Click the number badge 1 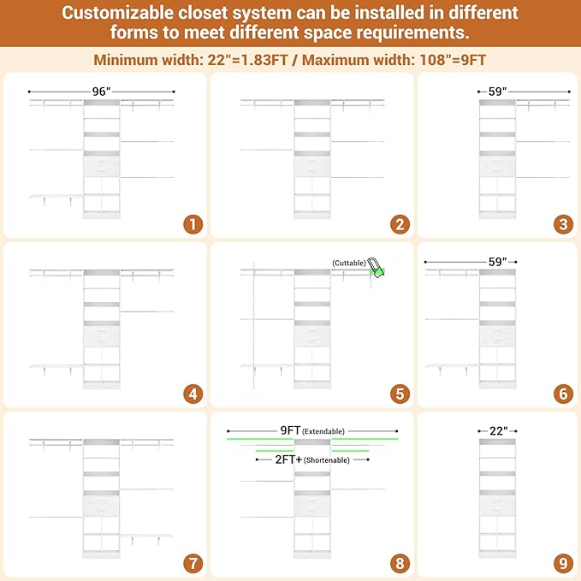193,224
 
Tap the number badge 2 400,224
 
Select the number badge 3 563,224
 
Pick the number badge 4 193,394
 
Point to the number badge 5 400,394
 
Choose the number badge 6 563,394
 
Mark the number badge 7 193,564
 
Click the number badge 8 400,564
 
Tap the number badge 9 563,564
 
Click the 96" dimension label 101,92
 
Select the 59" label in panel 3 498,92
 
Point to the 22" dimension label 498,431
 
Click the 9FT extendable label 312,430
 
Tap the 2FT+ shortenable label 312,459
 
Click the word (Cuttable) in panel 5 349,263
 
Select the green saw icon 376,268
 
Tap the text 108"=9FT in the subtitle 453,60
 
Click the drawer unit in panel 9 497,506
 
